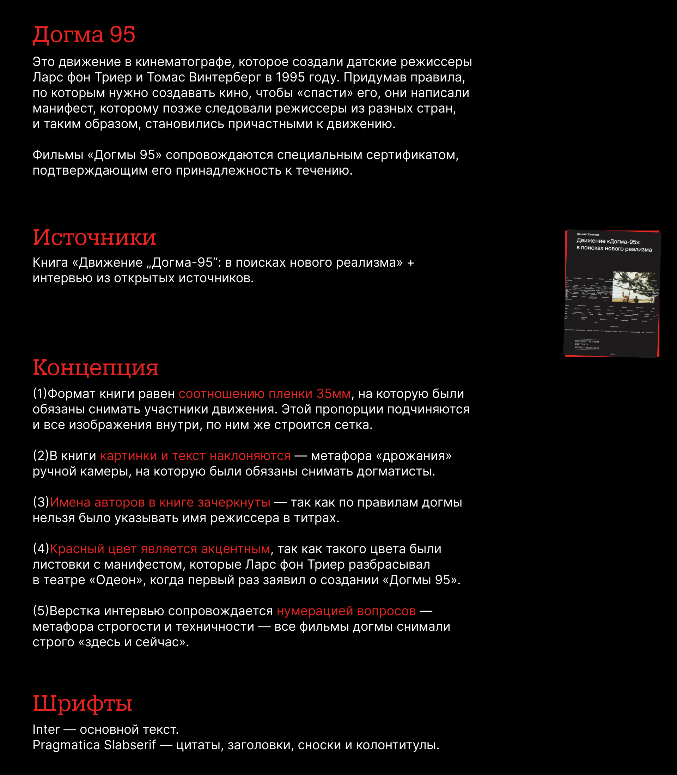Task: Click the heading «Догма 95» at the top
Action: (84, 35)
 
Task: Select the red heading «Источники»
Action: (94, 238)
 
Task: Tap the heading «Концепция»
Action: (96, 367)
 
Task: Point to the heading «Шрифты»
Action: (83, 704)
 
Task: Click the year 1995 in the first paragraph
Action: (290, 78)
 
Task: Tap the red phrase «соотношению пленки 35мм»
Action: (264, 394)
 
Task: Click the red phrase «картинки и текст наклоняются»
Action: (195, 456)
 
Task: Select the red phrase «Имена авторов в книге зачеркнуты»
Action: (160, 503)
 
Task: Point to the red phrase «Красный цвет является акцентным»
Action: (160, 549)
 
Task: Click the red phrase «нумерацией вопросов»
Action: (346, 611)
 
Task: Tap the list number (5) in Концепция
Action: (41, 611)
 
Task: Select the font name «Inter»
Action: (46, 729)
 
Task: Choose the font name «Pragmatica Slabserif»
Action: (94, 745)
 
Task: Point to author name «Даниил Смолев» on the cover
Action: (588, 235)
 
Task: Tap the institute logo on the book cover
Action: (587, 345)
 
